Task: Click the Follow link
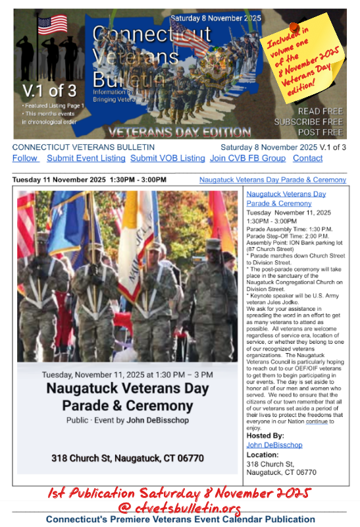click(24, 158)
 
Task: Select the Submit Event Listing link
click(86, 158)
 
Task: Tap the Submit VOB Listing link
click(167, 158)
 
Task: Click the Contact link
click(307, 158)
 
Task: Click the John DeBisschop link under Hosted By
click(274, 445)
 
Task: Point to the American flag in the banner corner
click(53, 24)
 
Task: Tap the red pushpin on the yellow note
click(294, 28)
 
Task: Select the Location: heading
click(262, 455)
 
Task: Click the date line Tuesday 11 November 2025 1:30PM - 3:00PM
click(90, 180)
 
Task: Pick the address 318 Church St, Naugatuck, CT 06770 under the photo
click(127, 458)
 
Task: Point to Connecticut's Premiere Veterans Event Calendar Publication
click(180, 520)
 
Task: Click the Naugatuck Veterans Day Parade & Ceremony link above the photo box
click(272, 180)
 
